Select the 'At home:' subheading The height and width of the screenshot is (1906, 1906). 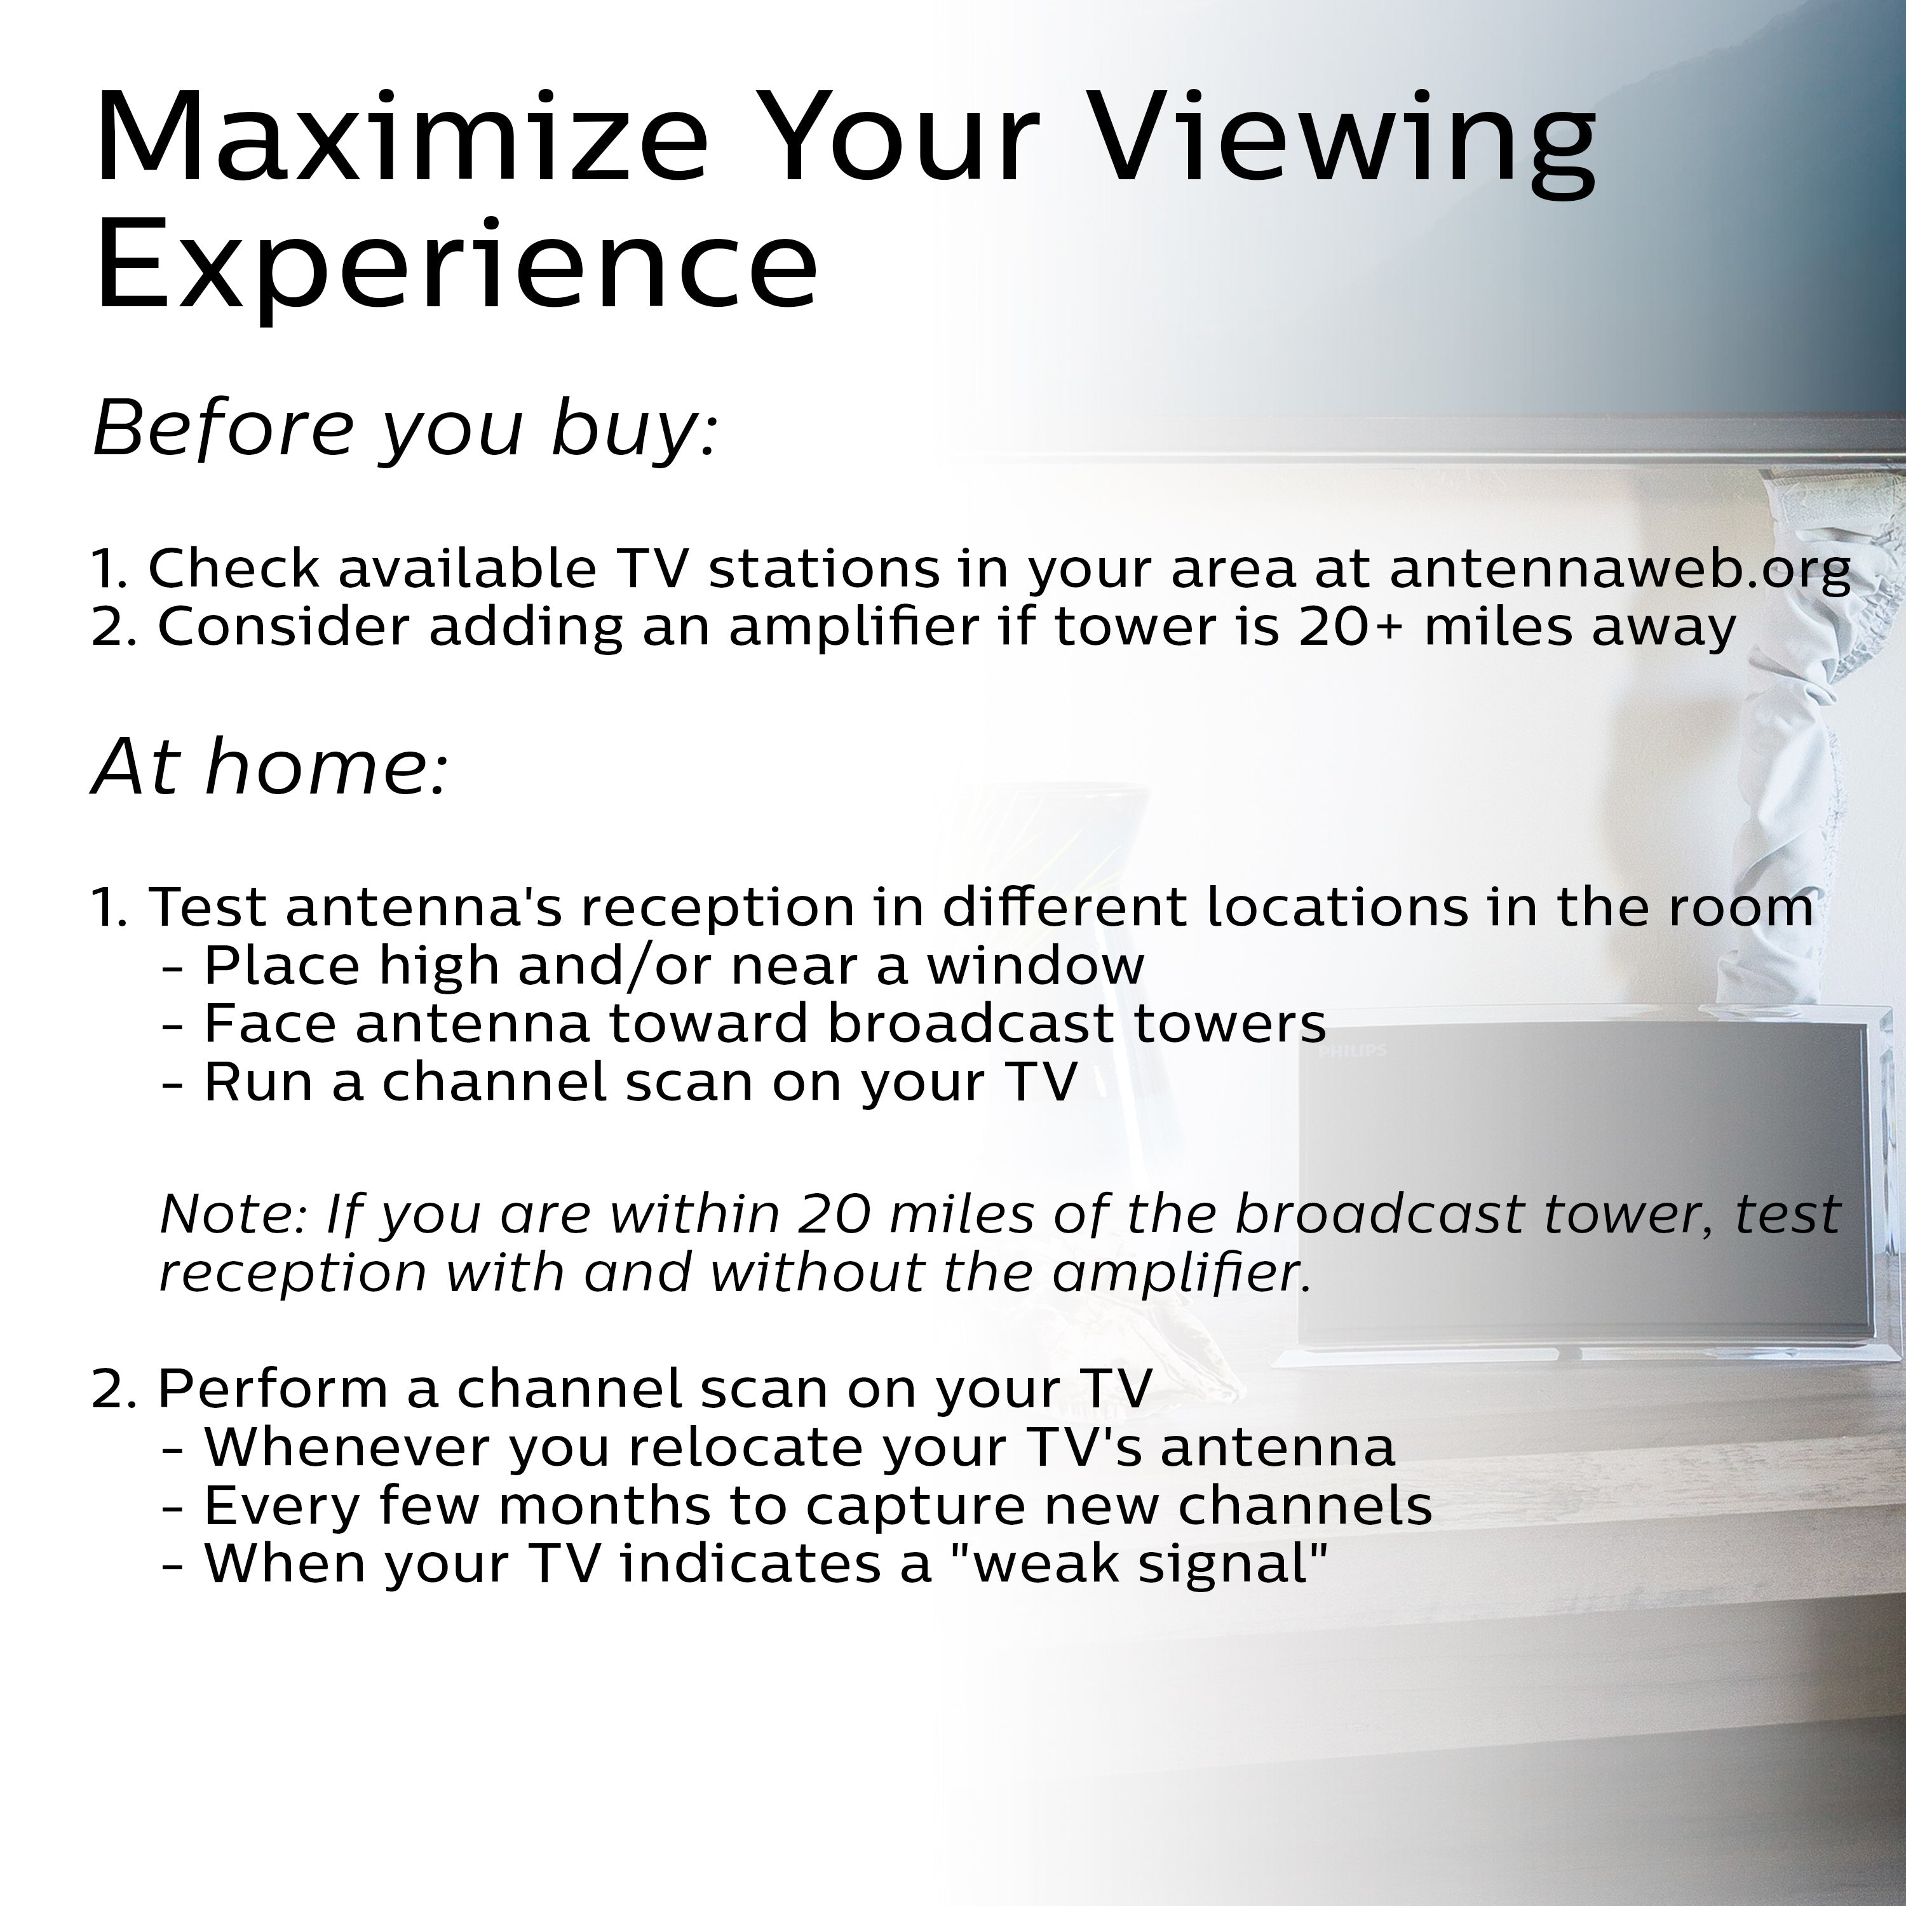pos(270,767)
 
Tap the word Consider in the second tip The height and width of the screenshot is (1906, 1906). pos(283,628)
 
